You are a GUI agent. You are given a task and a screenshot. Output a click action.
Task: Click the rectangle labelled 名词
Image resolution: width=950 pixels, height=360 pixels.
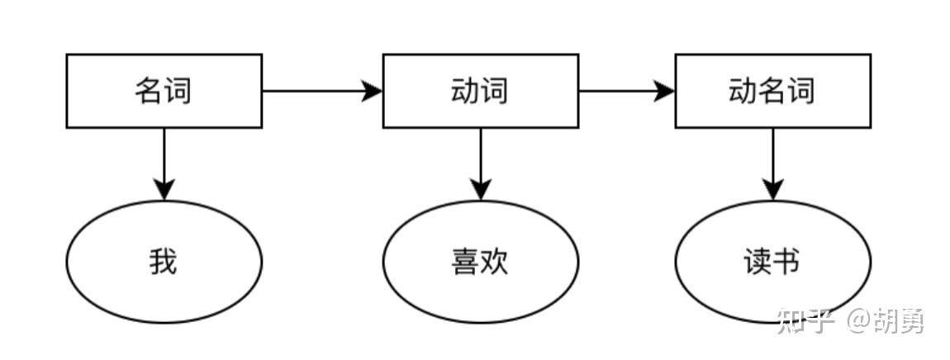pyautogui.click(x=164, y=91)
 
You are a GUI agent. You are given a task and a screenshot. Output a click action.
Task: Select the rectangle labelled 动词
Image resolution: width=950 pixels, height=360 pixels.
pyautogui.click(x=480, y=91)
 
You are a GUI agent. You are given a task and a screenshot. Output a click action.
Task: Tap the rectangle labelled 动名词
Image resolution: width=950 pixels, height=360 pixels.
pyautogui.click(x=772, y=91)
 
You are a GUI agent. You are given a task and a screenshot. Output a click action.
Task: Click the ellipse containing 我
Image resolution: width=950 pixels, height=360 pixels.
pyautogui.click(x=164, y=262)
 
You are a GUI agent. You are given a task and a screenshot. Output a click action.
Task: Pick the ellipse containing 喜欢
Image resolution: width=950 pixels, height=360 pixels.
pyautogui.click(x=480, y=262)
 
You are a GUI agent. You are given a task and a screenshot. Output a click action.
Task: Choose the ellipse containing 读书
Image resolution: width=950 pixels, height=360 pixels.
pyautogui.click(x=772, y=262)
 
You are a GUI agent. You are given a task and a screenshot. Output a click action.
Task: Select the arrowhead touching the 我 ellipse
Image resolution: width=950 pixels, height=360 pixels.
pyautogui.click(x=164, y=190)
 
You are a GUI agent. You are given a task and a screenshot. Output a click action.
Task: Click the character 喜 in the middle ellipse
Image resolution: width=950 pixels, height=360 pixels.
pyautogui.click(x=465, y=263)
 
